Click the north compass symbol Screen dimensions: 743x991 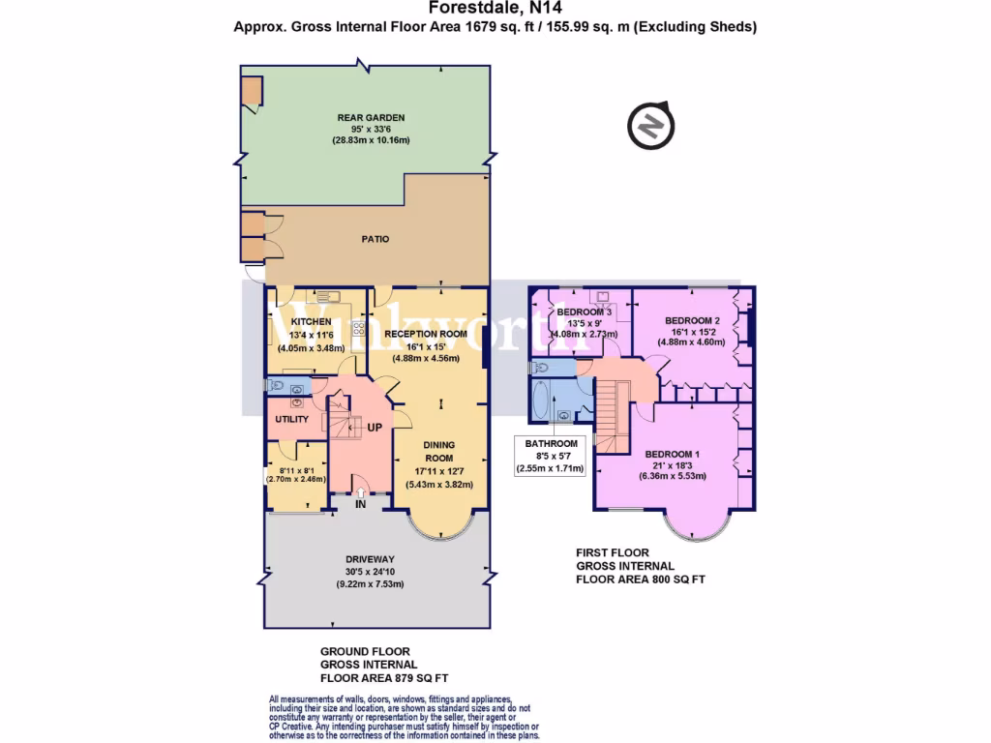click(649, 126)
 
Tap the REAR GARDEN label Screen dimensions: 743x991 click(372, 118)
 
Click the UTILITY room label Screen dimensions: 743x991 click(291, 420)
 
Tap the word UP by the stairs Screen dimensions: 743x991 click(373, 427)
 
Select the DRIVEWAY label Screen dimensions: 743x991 click(373, 559)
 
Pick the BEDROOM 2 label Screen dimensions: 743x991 click(692, 320)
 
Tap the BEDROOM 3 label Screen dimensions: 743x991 click(584, 312)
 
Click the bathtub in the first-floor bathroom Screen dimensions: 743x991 click(537, 400)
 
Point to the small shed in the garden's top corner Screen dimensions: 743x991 click(251, 90)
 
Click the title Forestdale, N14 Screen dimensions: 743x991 click(495, 9)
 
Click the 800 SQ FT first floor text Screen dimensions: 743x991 click(641, 580)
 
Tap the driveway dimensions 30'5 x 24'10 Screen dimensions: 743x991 click(373, 572)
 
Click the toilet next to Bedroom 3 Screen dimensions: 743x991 click(540, 368)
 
